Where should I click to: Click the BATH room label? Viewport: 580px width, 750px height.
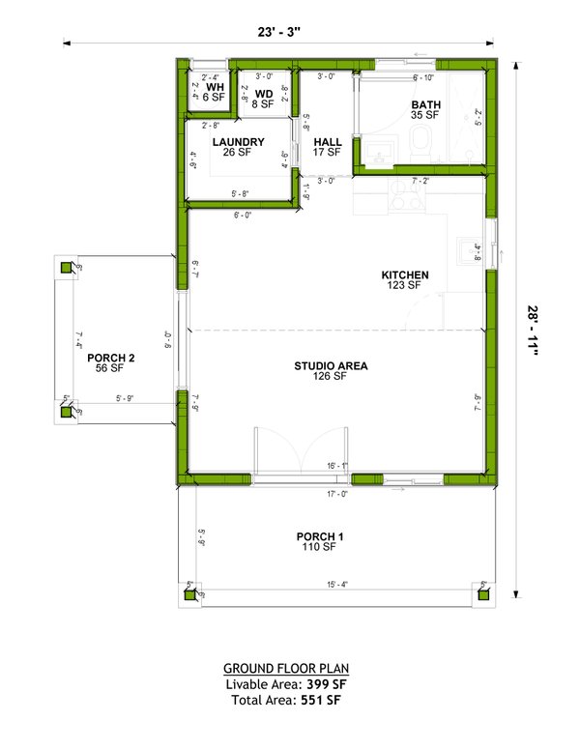(424, 103)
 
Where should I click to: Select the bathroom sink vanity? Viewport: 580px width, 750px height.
(377, 150)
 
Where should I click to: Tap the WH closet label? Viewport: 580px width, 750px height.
(215, 85)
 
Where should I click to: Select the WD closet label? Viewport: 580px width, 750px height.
(264, 94)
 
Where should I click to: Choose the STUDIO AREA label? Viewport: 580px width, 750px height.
(332, 365)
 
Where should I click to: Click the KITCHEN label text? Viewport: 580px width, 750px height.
(404, 274)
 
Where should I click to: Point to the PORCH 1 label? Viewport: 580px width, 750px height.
(319, 536)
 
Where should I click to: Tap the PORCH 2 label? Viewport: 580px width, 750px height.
(110, 358)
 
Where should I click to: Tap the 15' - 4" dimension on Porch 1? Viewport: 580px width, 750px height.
(337, 583)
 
